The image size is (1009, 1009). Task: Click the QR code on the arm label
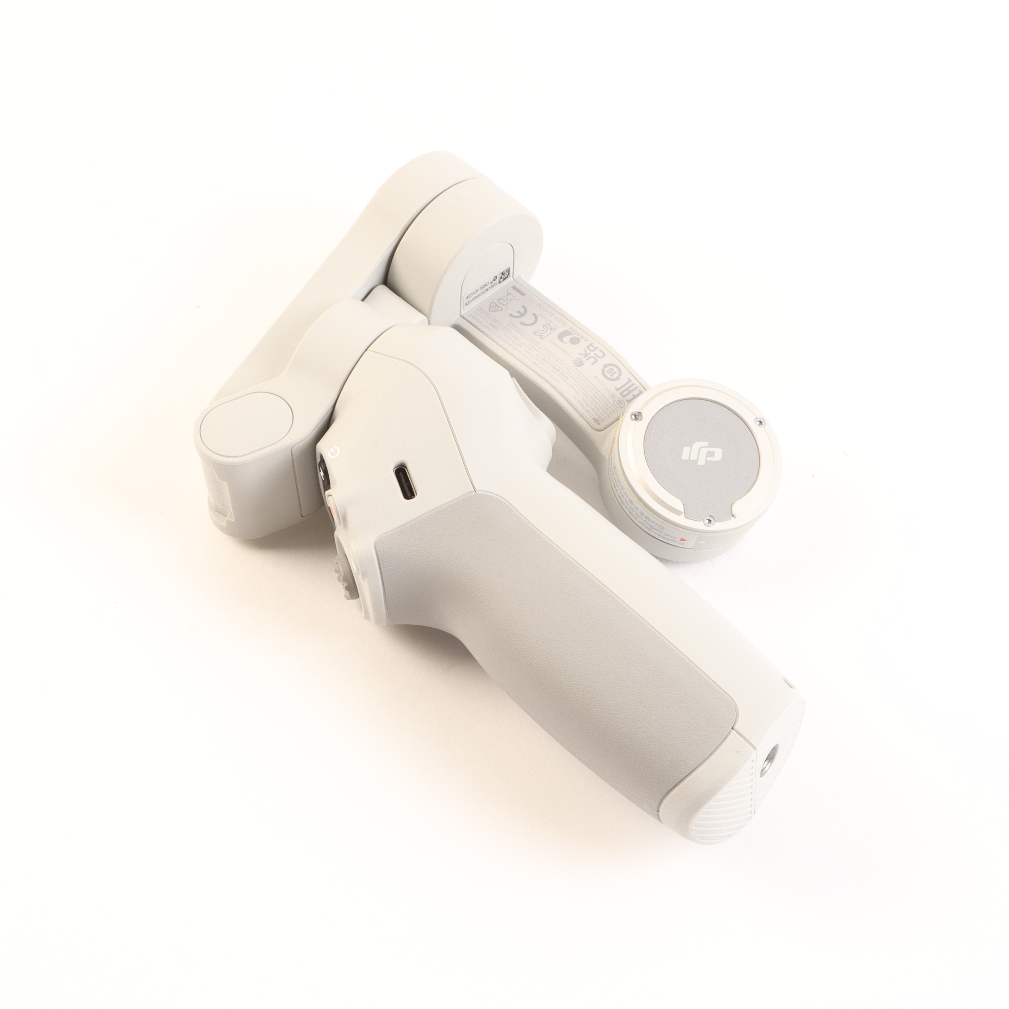[504, 276]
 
